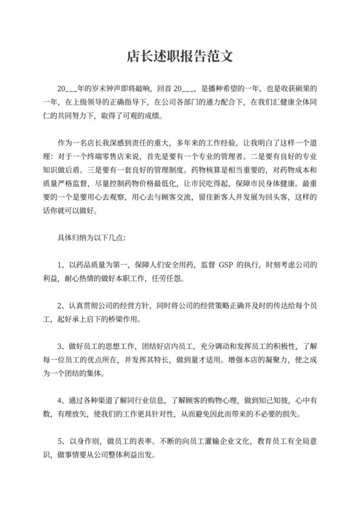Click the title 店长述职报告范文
pyautogui.click(x=179, y=57)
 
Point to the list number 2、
pyautogui.click(x=62, y=303)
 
